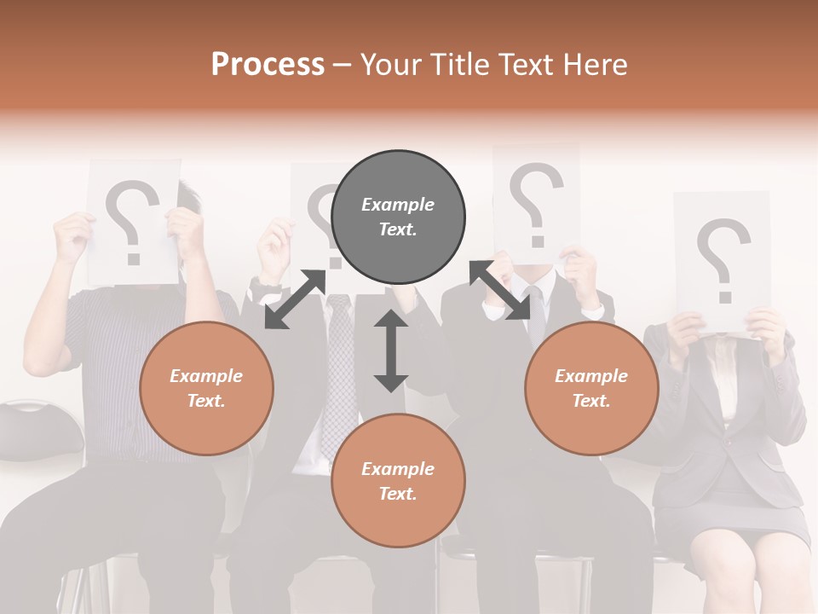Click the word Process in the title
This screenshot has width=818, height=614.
point(268,65)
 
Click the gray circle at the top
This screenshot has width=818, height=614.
point(398,217)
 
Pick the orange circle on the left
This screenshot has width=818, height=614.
point(206,388)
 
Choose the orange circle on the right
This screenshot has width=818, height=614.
point(591,388)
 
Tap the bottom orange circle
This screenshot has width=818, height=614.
point(398,481)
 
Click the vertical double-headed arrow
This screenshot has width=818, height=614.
point(390,350)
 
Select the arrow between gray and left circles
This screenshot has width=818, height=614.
point(295,299)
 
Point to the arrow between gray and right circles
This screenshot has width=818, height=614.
point(499,291)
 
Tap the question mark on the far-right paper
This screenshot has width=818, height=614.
point(723,258)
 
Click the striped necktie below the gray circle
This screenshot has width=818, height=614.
point(338,367)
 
